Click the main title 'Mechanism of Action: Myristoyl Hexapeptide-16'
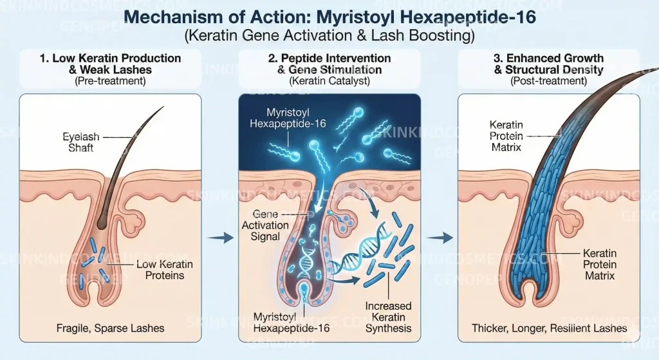[330, 17]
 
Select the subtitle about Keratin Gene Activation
[330, 35]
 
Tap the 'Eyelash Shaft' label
[80, 142]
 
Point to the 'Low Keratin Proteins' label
[165, 270]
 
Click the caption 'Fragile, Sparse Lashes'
[111, 328]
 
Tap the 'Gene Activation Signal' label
[265, 225]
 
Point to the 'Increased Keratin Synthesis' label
[388, 317]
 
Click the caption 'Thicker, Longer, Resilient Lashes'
[550, 328]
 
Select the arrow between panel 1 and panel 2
[221, 238]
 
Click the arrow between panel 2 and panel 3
[440, 238]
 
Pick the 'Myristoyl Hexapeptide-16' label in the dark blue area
[288, 118]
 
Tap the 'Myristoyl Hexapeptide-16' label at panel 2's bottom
[292, 323]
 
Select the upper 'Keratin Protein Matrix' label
[506, 136]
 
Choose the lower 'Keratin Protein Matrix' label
[600, 265]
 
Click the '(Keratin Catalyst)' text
[329, 81]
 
